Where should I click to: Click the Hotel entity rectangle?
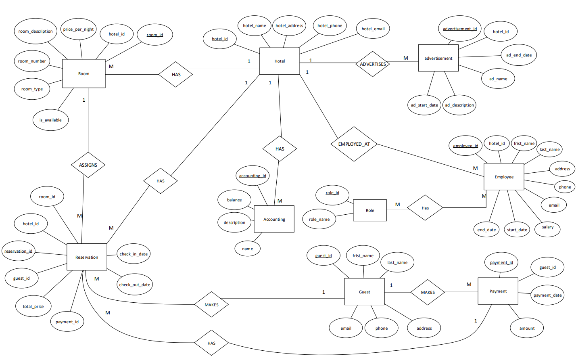280,61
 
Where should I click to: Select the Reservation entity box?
87,257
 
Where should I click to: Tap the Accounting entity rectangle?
274,219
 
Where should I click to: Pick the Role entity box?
370,210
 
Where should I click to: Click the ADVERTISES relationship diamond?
373,64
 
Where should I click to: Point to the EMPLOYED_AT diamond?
354,144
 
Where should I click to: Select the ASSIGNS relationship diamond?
88,165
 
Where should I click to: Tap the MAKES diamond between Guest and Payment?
428,292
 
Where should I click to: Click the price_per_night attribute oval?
79,29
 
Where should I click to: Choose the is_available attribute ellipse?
50,120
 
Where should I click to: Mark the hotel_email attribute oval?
373,29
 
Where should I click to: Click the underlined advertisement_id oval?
460,29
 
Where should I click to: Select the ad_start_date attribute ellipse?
424,105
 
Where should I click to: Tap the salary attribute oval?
548,227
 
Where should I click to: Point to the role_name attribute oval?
319,219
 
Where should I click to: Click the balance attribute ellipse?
234,200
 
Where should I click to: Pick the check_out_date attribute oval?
135,285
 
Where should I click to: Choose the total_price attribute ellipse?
33,306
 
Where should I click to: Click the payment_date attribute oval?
547,295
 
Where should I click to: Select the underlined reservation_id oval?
19,251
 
